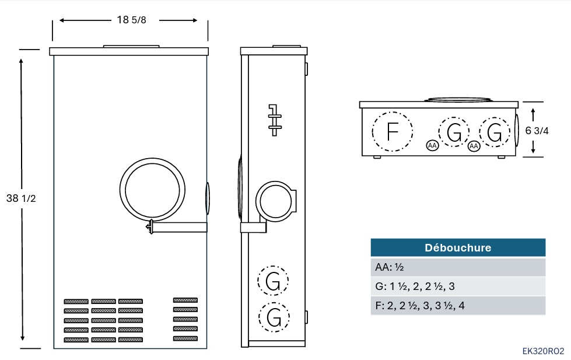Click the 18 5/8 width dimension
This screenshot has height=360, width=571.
click(x=131, y=20)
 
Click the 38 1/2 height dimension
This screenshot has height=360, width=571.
click(x=22, y=198)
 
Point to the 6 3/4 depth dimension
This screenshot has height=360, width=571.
click(x=537, y=131)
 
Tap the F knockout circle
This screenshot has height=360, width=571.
click(x=393, y=131)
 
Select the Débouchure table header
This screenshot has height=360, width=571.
click(x=458, y=247)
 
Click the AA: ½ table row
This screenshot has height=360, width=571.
click(x=458, y=267)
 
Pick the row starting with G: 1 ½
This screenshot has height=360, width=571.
click(x=458, y=286)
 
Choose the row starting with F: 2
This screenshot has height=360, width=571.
click(x=458, y=306)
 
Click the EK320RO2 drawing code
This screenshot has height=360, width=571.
click(x=543, y=351)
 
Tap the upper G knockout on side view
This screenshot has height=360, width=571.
click(x=273, y=281)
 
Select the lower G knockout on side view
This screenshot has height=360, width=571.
click(x=273, y=317)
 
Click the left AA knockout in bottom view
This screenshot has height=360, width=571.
click(x=432, y=145)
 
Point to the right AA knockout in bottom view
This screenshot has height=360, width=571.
click(x=474, y=145)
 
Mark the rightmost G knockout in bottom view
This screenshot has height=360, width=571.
click(x=495, y=132)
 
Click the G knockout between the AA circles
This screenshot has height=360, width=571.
click(x=454, y=132)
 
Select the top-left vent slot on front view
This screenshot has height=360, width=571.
click(x=76, y=302)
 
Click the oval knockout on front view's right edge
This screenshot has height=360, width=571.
click(x=208, y=198)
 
